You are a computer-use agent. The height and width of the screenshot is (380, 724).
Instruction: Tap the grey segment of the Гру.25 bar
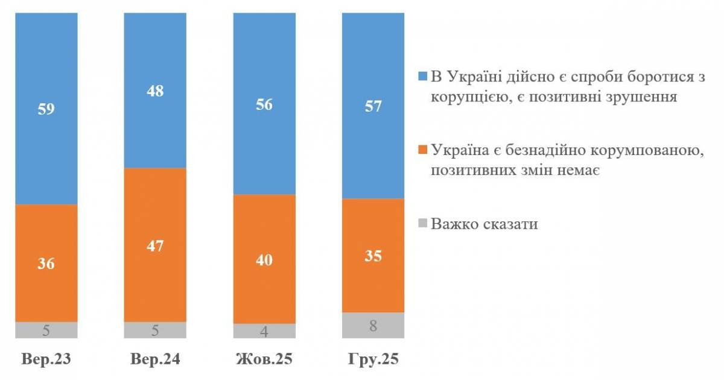[373, 326]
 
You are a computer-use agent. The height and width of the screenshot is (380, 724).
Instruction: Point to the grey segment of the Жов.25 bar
[264, 331]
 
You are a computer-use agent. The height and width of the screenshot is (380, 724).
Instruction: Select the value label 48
[155, 92]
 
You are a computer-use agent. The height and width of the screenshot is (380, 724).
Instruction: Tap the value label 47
[155, 246]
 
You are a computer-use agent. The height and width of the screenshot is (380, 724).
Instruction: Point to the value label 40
[264, 260]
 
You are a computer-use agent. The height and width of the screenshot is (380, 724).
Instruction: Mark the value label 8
[373, 326]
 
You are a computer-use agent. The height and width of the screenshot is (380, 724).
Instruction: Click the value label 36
[46, 264]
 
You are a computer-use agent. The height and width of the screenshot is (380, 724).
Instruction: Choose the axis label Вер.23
[46, 360]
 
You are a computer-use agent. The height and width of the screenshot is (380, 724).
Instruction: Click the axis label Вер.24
[155, 360]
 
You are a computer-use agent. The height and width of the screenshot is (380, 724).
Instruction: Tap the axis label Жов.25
[264, 360]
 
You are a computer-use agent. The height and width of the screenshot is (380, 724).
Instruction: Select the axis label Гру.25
[373, 360]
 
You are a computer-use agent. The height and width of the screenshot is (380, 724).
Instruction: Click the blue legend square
[422, 76]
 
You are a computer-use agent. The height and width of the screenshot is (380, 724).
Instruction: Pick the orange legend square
[422, 150]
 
